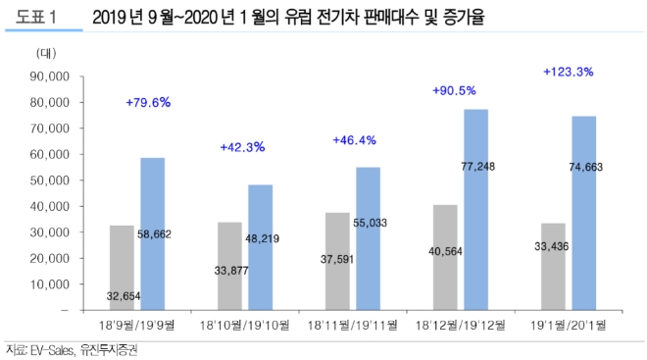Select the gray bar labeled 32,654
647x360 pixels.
pos(122,267)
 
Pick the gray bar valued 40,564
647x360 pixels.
pos(444,257)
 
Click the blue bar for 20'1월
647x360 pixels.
pos(584,212)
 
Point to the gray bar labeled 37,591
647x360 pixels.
pos(337,261)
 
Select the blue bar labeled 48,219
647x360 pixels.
pos(260,246)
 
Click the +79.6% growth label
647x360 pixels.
pos(148,102)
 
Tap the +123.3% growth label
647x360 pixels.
pos(568,72)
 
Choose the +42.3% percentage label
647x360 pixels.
pos(242,147)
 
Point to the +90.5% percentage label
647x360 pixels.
pos(453,90)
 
